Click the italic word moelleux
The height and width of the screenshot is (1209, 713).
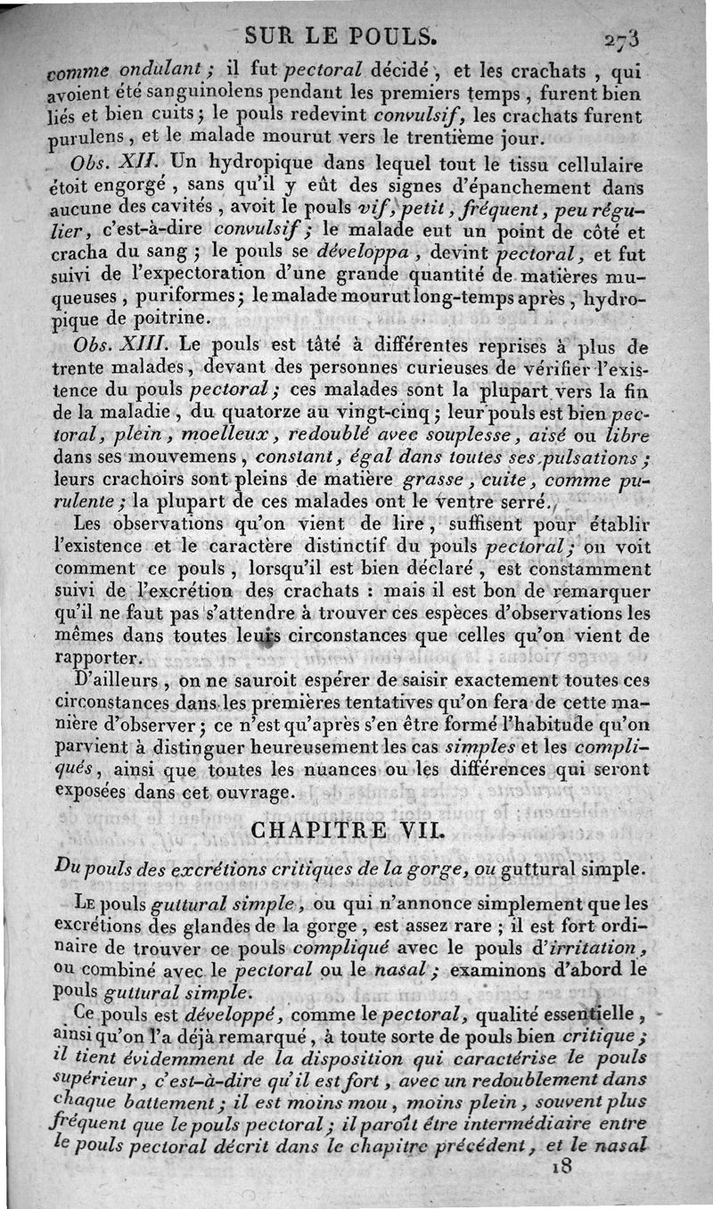pyautogui.click(x=237, y=436)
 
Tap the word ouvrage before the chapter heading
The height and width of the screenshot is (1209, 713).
pyautogui.click(x=257, y=792)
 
